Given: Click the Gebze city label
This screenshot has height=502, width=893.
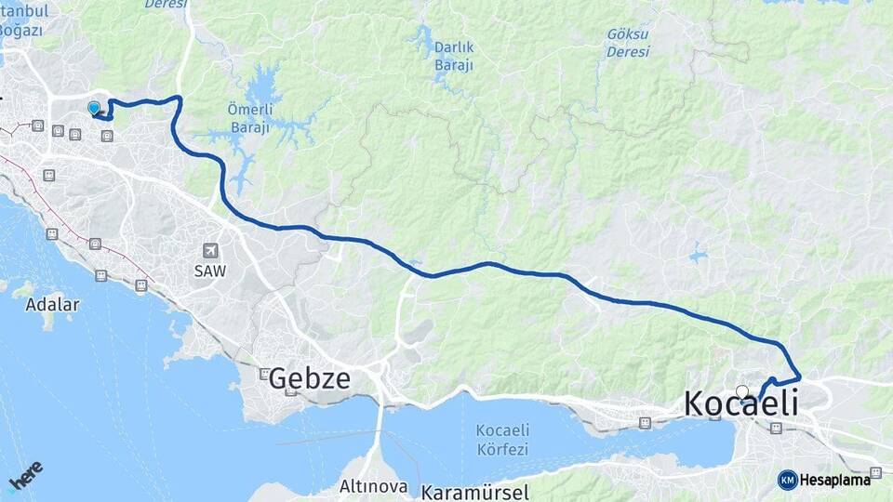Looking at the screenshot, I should (x=310, y=378).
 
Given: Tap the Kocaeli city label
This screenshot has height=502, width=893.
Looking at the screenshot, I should (x=740, y=403).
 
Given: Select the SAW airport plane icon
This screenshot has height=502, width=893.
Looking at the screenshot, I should (x=210, y=251).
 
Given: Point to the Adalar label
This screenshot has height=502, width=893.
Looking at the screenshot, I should (x=52, y=304).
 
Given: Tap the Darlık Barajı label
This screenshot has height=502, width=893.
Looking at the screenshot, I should (x=454, y=56).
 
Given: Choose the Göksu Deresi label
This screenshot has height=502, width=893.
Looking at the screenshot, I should (x=628, y=43).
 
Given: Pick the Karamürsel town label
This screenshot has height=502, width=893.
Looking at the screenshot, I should (x=474, y=492).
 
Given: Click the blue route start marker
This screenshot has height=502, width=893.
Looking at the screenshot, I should (x=93, y=109).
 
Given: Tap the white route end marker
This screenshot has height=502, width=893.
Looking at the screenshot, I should (x=741, y=391).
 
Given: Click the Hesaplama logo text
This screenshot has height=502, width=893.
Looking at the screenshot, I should (x=835, y=480).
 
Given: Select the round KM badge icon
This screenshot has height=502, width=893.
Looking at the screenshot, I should (x=787, y=480).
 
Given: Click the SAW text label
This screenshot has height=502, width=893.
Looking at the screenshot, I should (x=210, y=271).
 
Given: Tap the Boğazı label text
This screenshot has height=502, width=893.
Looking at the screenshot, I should (x=20, y=30).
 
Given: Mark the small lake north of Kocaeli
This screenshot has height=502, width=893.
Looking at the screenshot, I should (x=698, y=253).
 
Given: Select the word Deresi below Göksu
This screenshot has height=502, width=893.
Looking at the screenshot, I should (x=628, y=52).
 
